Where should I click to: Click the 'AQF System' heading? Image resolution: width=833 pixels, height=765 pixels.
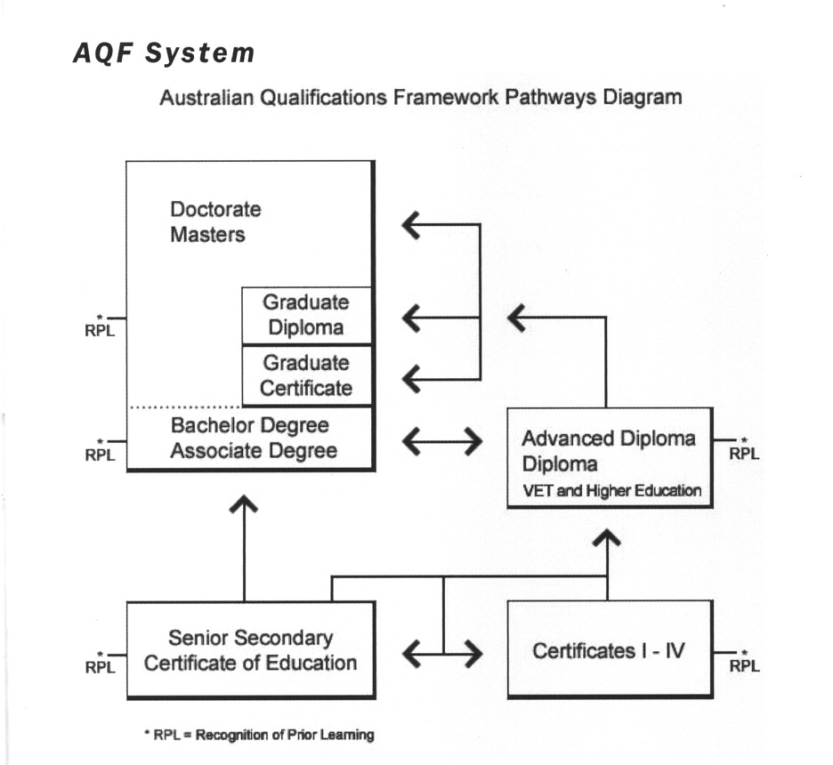coord(163,53)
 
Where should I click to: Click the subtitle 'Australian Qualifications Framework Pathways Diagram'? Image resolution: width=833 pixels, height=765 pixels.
coord(420,98)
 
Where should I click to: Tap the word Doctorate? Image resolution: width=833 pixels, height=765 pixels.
coord(215,210)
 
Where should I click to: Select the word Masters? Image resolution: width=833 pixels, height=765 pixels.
coord(207,236)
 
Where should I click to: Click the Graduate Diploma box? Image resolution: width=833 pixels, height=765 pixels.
coord(306,315)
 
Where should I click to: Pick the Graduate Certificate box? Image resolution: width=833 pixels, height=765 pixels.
coord(306,375)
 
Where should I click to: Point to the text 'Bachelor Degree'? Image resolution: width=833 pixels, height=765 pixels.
coord(250,425)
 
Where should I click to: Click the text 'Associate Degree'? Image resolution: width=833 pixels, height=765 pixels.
coord(254,451)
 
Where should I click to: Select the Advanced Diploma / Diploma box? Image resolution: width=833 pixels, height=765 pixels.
coord(610,457)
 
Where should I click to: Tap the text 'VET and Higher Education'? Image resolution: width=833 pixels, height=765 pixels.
coord(611,490)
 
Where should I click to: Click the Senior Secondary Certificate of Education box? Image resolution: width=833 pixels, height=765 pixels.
coord(250,650)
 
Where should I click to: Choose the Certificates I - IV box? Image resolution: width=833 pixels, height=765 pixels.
coord(610,650)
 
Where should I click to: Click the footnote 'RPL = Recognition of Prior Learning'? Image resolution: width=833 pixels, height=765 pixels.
coord(259,735)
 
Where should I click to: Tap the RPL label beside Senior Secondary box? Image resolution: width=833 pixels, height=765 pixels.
coord(100,664)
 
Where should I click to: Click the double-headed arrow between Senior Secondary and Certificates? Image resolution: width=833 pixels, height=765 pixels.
coord(442,655)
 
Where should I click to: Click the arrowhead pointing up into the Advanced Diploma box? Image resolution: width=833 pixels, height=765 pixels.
coord(607,536)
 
